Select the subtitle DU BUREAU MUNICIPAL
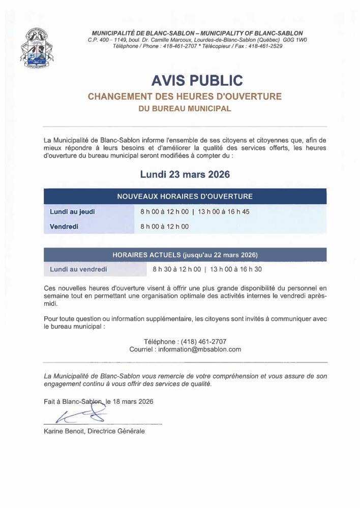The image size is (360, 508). (185, 108)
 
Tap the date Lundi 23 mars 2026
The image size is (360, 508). (185, 174)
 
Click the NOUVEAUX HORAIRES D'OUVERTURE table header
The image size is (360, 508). (185, 196)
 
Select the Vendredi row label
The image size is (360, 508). (64, 227)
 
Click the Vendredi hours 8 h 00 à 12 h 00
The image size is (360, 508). (165, 227)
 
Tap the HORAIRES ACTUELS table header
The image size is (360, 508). (185, 255)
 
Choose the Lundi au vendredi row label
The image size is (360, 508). (78, 269)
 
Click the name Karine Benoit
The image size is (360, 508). (65, 431)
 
